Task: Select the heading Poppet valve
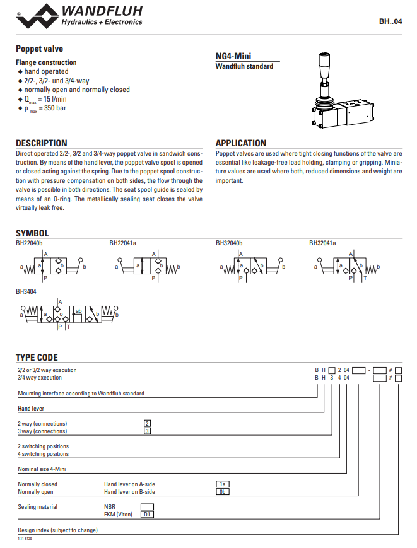point(39,49)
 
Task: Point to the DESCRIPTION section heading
point(41,143)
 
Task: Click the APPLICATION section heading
point(241,143)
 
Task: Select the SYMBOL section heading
point(32,233)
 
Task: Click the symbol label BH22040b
point(29,243)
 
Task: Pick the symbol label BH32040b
point(229,243)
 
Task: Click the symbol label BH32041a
point(322,243)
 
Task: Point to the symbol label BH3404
point(26,292)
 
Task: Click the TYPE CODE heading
point(37,358)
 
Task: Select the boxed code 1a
point(222,484)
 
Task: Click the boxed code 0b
point(222,492)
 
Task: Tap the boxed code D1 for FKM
point(146,515)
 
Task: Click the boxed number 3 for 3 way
point(147,431)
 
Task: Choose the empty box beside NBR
point(146,506)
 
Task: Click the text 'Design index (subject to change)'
point(57,530)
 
